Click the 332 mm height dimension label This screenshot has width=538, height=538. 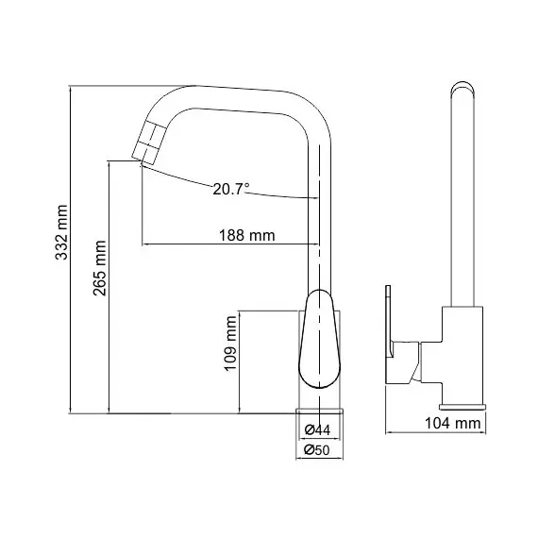pos(61,231)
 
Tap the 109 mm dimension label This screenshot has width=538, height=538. pos(229,345)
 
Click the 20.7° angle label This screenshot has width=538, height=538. pos(230,189)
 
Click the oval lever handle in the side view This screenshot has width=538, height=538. pos(319,340)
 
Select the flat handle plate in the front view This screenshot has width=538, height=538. pos(390,335)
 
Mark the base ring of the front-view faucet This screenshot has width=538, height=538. pos(463,407)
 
